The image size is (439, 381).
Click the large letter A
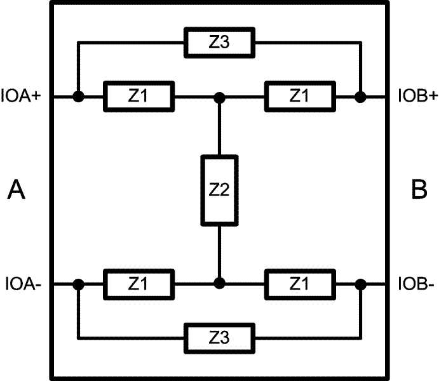click(17, 190)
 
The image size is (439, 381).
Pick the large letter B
click(419, 190)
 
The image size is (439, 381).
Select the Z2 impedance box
click(219, 190)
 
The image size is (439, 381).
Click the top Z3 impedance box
click(219, 43)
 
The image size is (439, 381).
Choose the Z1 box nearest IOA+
click(138, 97)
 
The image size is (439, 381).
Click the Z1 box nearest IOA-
click(138, 283)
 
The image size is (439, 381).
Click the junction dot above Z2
click(219, 97)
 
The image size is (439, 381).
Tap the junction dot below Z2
click(219, 283)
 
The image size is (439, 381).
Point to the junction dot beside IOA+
click(78, 97)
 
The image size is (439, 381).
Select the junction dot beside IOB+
click(360, 97)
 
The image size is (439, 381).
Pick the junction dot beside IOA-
click(78, 284)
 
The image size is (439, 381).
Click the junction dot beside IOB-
click(360, 284)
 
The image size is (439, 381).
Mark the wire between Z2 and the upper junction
click(219, 127)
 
